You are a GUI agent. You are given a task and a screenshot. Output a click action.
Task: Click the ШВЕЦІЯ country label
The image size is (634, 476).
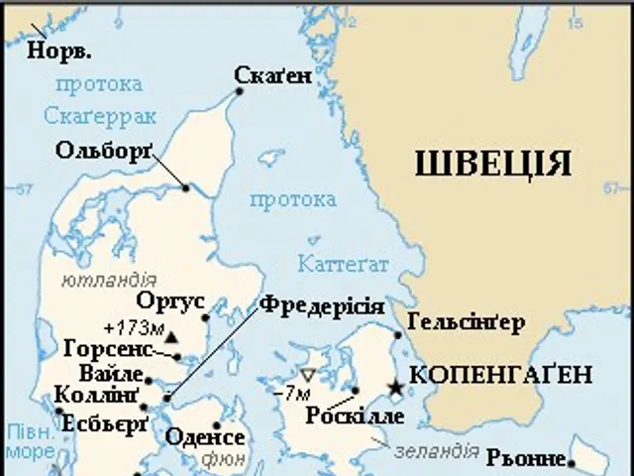pyautogui.click(x=490, y=162)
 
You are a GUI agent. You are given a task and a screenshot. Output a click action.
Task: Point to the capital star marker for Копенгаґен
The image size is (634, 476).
pyautogui.click(x=396, y=387)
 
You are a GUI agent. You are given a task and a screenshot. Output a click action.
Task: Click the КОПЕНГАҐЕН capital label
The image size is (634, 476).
pyautogui.click(x=500, y=375)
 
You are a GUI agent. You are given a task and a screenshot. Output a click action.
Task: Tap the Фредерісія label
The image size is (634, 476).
pyautogui.click(x=322, y=304)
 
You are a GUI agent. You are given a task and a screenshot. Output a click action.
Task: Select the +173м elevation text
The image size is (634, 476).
pyautogui.click(x=132, y=328)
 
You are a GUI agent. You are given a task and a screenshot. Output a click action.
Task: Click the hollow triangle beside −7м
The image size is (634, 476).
pyautogui.click(x=307, y=376)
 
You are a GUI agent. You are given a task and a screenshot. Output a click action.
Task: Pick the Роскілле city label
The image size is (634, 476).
pyautogui.click(x=356, y=416)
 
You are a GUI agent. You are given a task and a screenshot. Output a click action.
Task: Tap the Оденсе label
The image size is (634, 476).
pyautogui.click(x=205, y=437)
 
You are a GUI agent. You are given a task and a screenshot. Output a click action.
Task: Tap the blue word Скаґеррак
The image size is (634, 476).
pyautogui.click(x=99, y=116)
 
